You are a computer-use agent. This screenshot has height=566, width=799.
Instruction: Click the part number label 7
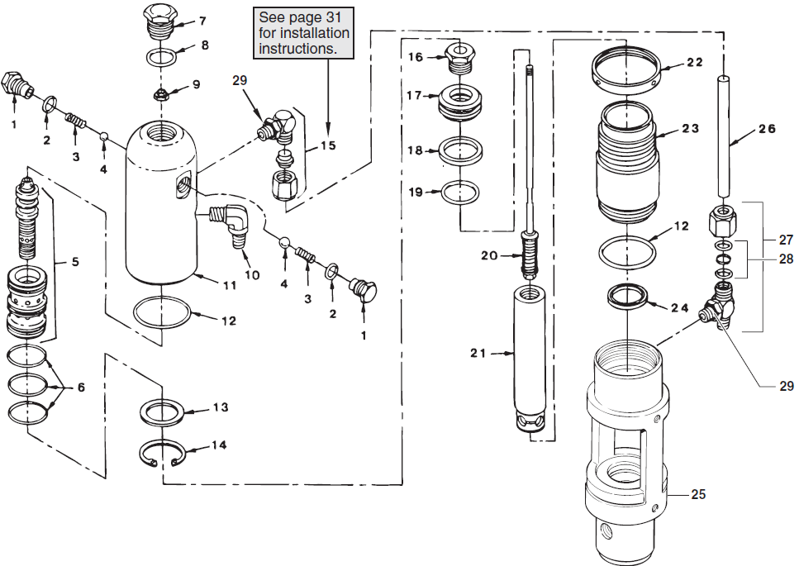point(202,21)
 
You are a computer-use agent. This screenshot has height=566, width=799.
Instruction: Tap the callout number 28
point(785,259)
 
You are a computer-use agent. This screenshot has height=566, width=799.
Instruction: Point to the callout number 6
point(81,387)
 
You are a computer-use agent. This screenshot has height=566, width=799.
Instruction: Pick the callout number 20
point(489,255)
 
